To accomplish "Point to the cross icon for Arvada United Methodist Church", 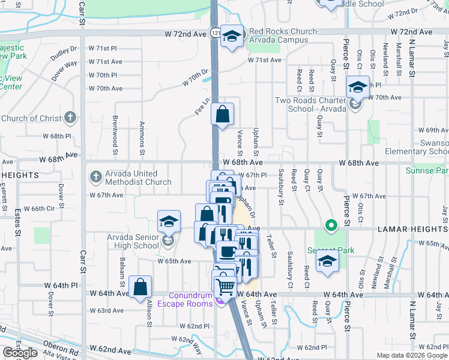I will click(95, 177).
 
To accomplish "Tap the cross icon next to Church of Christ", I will click(70, 118).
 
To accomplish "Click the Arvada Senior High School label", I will click(133, 241).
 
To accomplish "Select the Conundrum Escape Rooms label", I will click(190, 299).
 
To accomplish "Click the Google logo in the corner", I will click(20, 353).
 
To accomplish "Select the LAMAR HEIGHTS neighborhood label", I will click(412, 229).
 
